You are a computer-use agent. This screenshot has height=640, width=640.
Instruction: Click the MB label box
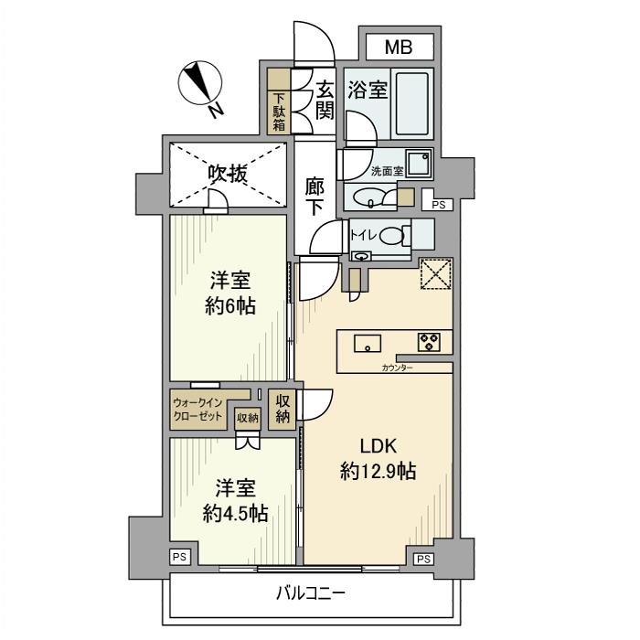click(398, 47)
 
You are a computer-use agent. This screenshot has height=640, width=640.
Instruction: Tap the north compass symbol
click(199, 86)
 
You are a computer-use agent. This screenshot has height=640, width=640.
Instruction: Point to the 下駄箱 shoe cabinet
click(277, 112)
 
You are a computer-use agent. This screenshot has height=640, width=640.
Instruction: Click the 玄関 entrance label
click(325, 100)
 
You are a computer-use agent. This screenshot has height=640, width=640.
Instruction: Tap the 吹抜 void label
click(226, 174)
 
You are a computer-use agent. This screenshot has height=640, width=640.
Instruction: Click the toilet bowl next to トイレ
click(393, 236)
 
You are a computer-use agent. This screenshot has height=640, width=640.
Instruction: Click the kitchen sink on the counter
click(369, 344)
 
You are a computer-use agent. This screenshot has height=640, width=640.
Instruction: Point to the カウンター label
click(397, 368)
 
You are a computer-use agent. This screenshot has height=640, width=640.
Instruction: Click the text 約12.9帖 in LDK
click(378, 472)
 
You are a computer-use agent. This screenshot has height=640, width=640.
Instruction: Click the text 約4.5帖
click(235, 513)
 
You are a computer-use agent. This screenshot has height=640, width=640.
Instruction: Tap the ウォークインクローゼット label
click(197, 408)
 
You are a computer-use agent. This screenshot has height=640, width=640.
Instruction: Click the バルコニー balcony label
click(311, 594)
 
